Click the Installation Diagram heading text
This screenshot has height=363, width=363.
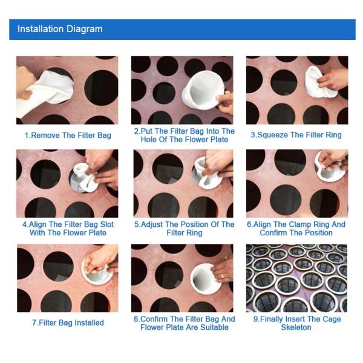[60, 29]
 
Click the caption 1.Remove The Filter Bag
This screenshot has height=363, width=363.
[68, 136]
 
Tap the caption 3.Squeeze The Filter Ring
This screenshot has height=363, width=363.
[296, 135]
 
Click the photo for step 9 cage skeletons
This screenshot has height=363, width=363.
[296, 278]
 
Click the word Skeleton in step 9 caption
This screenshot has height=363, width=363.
[296, 327]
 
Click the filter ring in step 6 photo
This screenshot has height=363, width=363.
[330, 172]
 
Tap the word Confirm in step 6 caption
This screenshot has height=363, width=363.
[274, 233]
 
